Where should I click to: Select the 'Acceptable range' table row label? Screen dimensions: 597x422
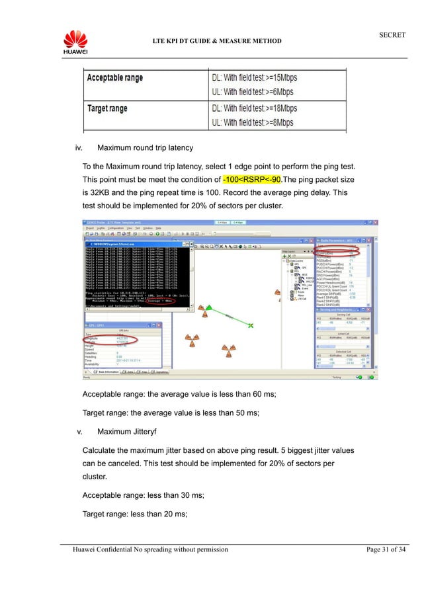pos(116,78)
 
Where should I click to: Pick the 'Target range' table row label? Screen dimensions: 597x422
pos(108,108)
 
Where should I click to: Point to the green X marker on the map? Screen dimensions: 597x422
pos(251,325)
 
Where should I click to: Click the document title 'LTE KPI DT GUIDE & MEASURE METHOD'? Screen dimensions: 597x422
pos(217,41)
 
